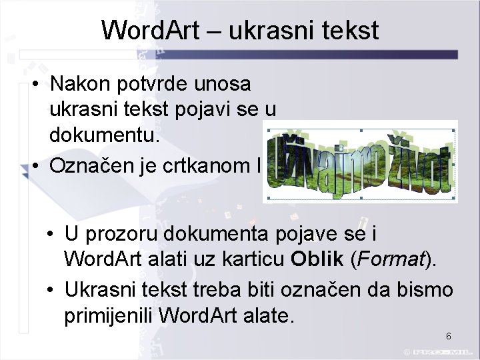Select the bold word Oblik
pos(318,259)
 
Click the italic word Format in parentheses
pos(390,259)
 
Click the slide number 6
pos(449,336)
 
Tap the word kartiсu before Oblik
pos(253,259)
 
